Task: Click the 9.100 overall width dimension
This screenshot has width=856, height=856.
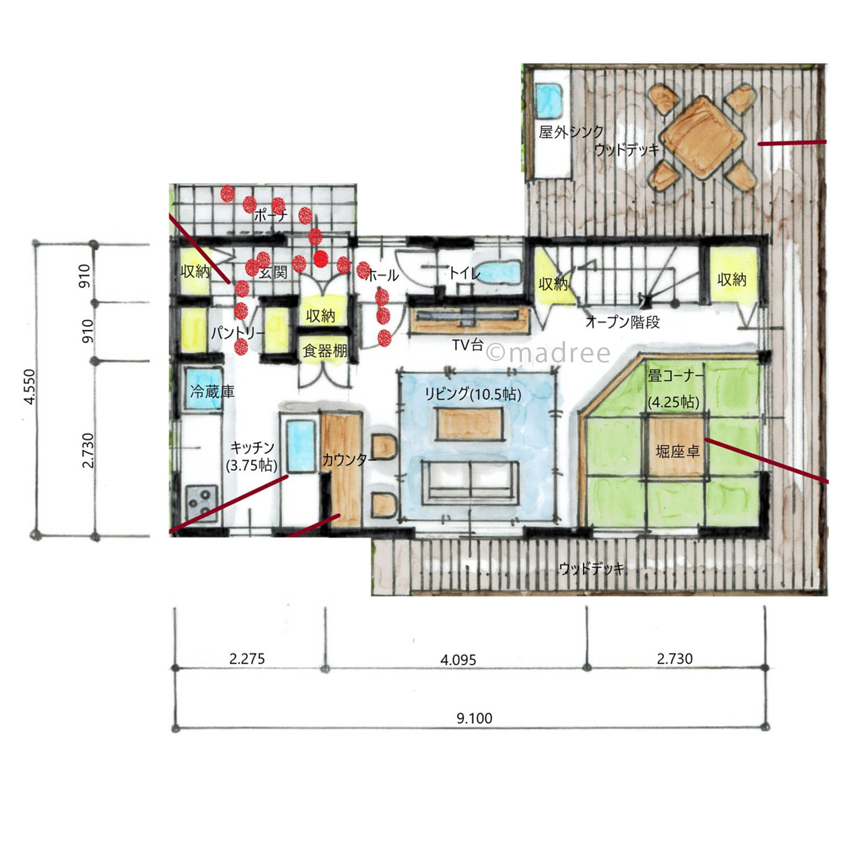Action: pos(474,718)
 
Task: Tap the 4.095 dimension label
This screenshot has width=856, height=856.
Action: pos(458,659)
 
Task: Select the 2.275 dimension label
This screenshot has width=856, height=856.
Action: pos(247,658)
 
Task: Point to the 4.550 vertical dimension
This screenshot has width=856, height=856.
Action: pos(30,387)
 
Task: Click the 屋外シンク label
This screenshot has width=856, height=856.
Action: pos(571,132)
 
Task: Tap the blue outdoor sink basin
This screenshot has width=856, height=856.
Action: pos(548,101)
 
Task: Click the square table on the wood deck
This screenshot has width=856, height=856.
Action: pos(701,137)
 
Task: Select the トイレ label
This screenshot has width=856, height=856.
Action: pos(464,273)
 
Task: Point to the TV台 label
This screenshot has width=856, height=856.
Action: pos(468,345)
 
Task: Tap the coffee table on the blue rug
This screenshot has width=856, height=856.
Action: pos(470,423)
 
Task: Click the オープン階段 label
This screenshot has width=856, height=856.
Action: pos(622,323)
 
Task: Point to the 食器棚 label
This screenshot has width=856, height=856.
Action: pos(325,351)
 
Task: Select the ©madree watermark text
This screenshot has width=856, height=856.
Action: pos(549,353)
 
